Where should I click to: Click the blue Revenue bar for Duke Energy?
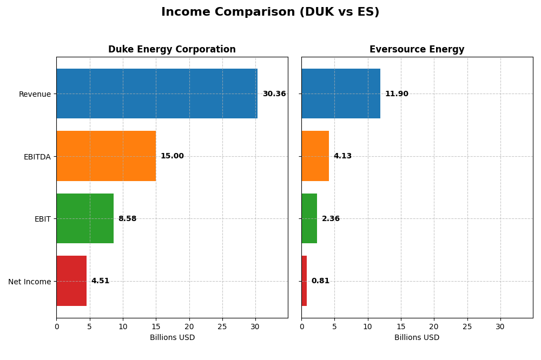(157, 94)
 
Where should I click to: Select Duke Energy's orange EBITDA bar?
(106, 156)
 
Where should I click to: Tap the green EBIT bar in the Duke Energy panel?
(85, 218)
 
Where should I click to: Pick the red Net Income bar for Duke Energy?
(71, 281)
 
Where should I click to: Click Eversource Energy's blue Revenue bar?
(341, 94)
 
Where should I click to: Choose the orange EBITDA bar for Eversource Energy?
(315, 156)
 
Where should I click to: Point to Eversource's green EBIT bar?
(309, 218)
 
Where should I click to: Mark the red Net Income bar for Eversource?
(304, 281)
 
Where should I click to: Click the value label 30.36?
(274, 94)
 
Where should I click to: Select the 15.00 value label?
(172, 156)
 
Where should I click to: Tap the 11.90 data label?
(397, 94)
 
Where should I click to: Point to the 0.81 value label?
(320, 281)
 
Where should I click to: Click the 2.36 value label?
(331, 219)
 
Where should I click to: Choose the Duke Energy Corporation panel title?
(172, 50)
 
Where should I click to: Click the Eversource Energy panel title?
(417, 50)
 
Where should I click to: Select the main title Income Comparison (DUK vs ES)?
(270, 12)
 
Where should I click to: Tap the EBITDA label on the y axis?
(37, 157)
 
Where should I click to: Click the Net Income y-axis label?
(30, 282)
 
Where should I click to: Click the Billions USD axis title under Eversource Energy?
(417, 338)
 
